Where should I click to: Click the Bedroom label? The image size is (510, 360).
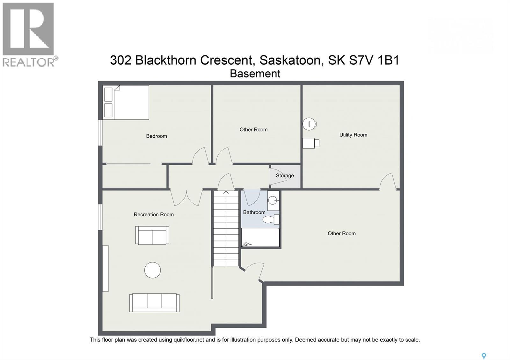tap(157, 136)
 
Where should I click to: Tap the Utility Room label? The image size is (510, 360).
tap(353, 135)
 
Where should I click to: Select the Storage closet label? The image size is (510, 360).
tap(285, 176)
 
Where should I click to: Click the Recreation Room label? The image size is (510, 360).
tap(154, 214)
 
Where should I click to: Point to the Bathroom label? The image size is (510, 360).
tap(254, 212)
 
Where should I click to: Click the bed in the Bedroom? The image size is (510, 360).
tap(126, 102)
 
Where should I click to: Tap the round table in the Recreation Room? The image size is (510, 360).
tap(153, 270)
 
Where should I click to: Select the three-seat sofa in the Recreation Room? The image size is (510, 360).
tap(154, 303)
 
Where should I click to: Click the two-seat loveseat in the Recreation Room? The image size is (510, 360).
tap(152, 235)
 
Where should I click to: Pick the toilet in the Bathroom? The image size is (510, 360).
tap(271, 220)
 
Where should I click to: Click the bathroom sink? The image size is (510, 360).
tap(273, 200)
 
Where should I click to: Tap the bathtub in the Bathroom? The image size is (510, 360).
tap(260, 237)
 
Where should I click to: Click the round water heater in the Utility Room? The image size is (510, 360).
tap(310, 124)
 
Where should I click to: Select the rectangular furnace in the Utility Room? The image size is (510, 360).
tap(311, 143)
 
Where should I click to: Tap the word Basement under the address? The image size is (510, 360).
tap(255, 74)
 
